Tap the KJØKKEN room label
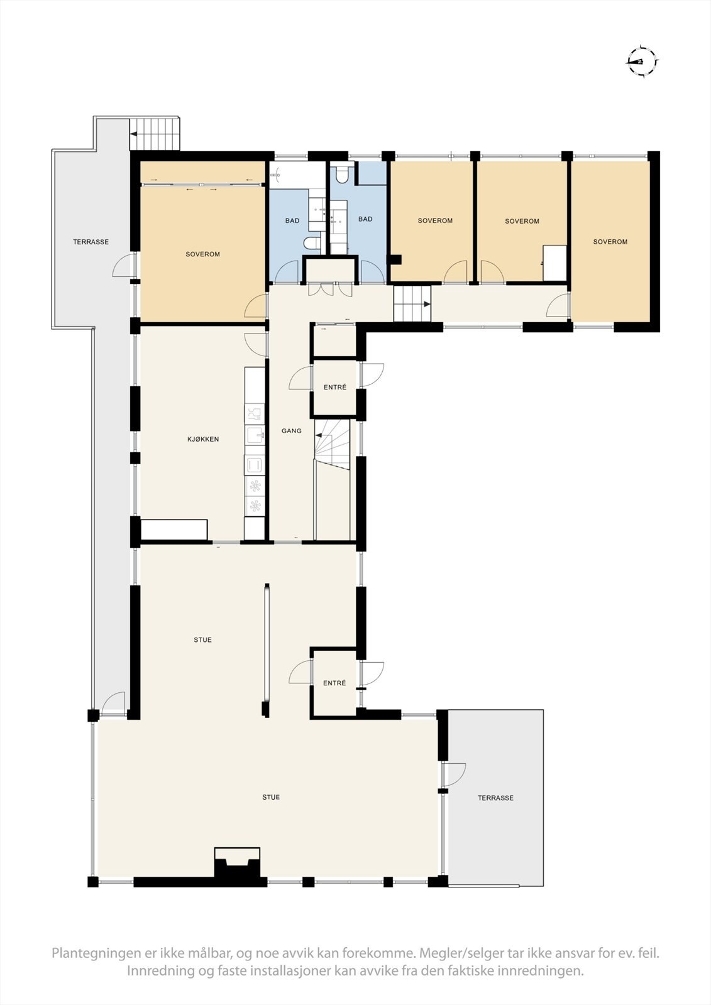[203, 439]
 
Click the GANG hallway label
[291, 431]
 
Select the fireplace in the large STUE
[237, 866]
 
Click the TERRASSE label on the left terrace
[91, 242]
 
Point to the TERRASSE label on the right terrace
[495, 798]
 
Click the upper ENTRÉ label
[334, 388]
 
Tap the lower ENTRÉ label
[334, 683]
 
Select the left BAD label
[292, 220]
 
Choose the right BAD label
[365, 219]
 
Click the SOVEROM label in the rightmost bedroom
[610, 242]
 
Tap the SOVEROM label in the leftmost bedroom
[202, 254]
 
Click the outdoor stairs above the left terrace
[155, 133]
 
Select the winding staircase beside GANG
[331, 440]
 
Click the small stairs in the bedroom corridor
[412, 304]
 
